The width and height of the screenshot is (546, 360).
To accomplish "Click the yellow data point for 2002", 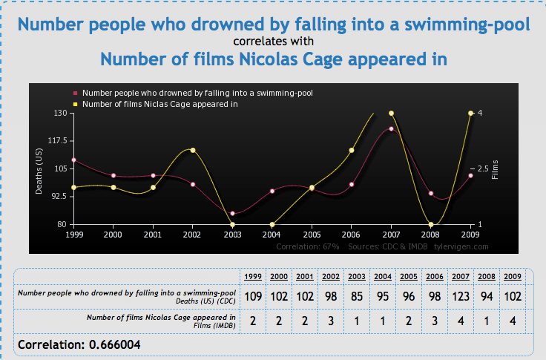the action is [x=193, y=150].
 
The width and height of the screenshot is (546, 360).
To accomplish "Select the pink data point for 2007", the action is [x=391, y=129].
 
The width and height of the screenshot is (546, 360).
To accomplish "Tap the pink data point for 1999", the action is [x=74, y=160].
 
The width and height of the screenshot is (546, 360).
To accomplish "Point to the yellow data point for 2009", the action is [x=470, y=114].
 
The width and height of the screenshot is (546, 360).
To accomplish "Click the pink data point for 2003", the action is [x=233, y=214].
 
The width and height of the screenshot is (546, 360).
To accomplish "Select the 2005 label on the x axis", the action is [x=312, y=235].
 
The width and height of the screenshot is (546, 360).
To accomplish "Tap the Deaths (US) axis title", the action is [x=39, y=171].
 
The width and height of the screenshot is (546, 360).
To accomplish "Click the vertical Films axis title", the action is [x=495, y=170].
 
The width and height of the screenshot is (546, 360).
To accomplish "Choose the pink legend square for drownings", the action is [x=75, y=93].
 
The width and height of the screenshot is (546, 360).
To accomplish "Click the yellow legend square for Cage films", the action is [x=75, y=104].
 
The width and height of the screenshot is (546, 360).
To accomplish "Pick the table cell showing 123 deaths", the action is [x=461, y=297].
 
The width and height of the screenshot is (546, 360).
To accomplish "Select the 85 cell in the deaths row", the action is [x=357, y=297].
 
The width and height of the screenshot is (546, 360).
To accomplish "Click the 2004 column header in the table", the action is [x=383, y=277].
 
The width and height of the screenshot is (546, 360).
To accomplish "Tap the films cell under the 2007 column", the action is [x=461, y=321].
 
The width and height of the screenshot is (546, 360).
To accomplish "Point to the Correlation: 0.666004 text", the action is [x=79, y=344].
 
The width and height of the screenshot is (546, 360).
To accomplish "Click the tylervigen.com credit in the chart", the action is [x=461, y=246].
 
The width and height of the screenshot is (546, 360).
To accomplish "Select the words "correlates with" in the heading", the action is [x=273, y=41].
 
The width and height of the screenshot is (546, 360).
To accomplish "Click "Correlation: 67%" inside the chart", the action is [x=308, y=246].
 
